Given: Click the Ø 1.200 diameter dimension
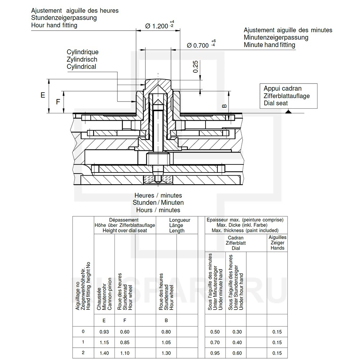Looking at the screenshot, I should (157, 26).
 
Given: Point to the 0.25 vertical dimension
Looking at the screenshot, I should (195, 67).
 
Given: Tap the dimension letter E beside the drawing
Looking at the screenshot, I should (42, 95).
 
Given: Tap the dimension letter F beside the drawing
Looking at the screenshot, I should (58, 102).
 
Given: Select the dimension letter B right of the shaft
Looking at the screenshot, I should (224, 106).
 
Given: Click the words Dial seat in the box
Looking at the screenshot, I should (276, 103).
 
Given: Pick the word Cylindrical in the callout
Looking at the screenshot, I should (81, 67).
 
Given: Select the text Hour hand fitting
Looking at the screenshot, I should (54, 25).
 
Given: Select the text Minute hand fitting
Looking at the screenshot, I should (269, 45).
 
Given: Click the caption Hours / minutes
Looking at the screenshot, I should (158, 210).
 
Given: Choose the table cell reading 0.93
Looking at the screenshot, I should (104, 332).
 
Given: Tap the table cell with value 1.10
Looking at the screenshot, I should (125, 353).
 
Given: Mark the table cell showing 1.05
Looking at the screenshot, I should (166, 342).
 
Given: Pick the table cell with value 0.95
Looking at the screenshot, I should (215, 353).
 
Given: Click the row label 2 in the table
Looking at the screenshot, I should (83, 353).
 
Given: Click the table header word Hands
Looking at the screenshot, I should (278, 248).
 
